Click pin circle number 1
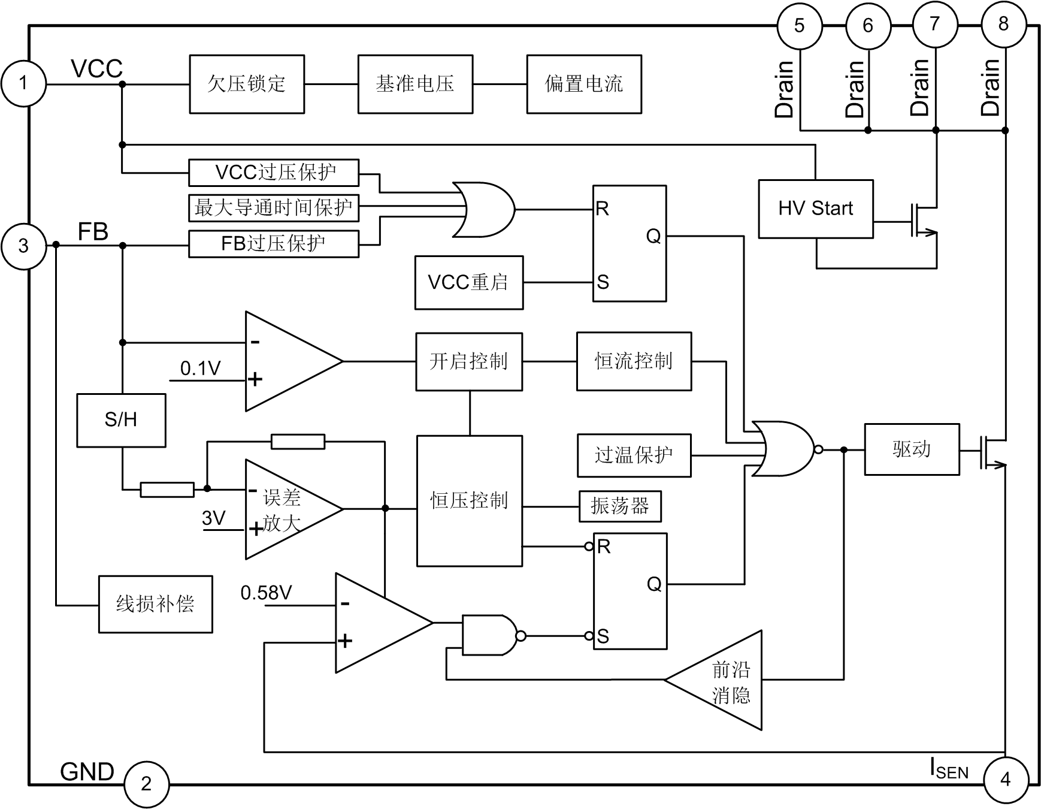[x=23, y=83]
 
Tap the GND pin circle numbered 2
[x=146, y=784]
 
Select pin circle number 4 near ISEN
[x=1005, y=779]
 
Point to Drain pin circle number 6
[x=868, y=26]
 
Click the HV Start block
[x=815, y=209]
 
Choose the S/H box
[x=121, y=420]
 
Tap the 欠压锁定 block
[x=247, y=84]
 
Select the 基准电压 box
[x=415, y=84]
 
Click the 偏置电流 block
[x=584, y=84]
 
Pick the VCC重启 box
[x=468, y=282]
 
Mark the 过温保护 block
[x=634, y=455]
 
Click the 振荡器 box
[x=620, y=506]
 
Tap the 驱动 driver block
[x=912, y=449]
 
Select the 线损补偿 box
[x=155, y=604]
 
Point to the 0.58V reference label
[x=266, y=593]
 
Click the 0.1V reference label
[x=201, y=369]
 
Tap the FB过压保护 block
[x=274, y=244]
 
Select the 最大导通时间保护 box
[x=274, y=208]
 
